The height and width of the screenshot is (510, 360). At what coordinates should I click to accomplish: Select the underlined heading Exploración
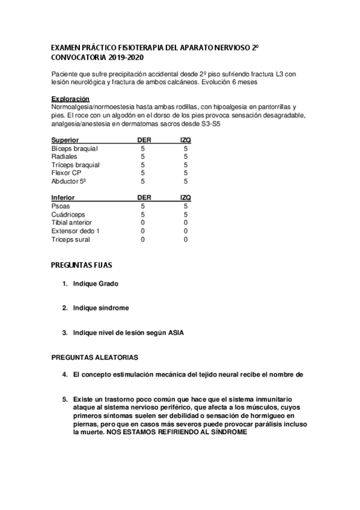(70, 99)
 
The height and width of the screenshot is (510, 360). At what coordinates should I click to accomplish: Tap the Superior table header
(66, 140)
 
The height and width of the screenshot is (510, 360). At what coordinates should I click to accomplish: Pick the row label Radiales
(65, 156)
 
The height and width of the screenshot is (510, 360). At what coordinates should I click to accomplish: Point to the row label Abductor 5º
(70, 181)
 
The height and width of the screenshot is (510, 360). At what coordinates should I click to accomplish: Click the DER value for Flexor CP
(143, 173)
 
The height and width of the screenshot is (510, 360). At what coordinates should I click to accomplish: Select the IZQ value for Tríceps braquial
(186, 165)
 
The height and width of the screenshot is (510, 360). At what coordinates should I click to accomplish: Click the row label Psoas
(61, 206)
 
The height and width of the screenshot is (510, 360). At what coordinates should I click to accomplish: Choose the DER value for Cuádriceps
(143, 214)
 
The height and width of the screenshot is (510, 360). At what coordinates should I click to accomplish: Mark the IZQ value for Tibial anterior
(186, 223)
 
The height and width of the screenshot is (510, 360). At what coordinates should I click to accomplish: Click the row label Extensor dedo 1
(76, 231)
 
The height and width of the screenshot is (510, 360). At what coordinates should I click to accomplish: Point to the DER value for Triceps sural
(143, 239)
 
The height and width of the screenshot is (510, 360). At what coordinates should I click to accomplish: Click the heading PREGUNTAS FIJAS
(82, 265)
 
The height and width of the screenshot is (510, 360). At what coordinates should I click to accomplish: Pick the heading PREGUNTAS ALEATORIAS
(95, 357)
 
